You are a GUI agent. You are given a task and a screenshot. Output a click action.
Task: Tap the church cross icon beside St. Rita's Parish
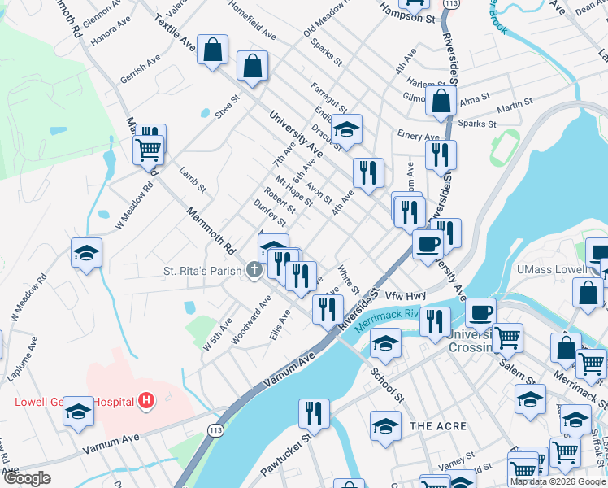click(x=254, y=270)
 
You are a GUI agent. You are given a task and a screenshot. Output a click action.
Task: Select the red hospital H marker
click(x=146, y=400)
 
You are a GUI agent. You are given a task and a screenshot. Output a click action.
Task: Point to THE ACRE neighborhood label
click(x=439, y=426)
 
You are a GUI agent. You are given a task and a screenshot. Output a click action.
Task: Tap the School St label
click(x=387, y=382)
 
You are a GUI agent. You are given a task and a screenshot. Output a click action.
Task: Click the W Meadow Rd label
click(x=134, y=207)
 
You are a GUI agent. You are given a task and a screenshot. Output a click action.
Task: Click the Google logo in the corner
click(x=27, y=478)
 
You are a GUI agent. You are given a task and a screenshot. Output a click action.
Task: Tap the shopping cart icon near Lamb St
click(x=148, y=149)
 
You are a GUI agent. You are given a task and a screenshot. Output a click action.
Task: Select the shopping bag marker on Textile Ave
click(x=212, y=50)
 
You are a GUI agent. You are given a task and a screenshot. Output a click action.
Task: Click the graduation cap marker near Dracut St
click(x=347, y=129)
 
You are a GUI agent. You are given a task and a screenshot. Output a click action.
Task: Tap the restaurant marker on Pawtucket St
click(x=313, y=413)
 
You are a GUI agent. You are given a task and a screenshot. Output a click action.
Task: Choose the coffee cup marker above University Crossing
click(x=480, y=312)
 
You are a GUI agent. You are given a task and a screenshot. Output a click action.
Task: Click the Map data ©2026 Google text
click(x=558, y=481)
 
